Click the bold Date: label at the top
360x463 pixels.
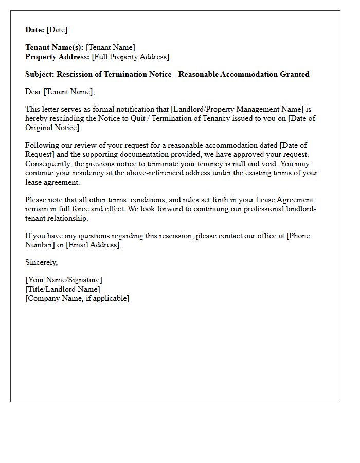(34, 30)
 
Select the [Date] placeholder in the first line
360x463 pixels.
(57, 30)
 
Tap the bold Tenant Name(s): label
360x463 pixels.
(55, 48)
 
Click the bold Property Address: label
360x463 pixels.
(58, 57)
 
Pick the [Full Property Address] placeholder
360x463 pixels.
(131, 57)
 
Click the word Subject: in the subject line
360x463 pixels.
(40, 74)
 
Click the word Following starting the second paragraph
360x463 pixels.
(42, 145)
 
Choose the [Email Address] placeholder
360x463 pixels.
(94, 245)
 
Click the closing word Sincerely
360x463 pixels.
(41, 262)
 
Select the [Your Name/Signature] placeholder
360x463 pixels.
(64, 280)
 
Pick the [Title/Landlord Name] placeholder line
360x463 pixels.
(63, 289)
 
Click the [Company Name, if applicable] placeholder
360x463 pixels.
(77, 298)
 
